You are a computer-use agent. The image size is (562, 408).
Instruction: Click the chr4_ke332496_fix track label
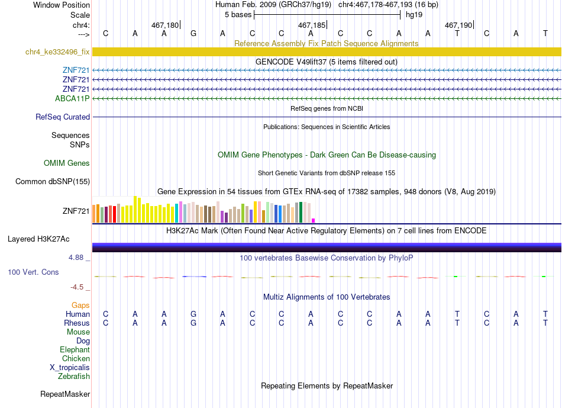[57, 52]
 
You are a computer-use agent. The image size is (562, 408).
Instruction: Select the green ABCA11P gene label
[72, 98]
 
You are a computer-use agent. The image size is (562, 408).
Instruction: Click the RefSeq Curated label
[63, 117]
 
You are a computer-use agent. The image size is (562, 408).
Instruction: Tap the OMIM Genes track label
[67, 163]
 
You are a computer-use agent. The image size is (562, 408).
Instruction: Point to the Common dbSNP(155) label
[53, 181]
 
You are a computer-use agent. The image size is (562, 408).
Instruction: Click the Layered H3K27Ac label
[38, 239]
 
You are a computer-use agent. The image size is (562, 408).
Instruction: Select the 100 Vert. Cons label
[33, 272]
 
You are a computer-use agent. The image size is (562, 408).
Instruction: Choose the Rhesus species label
[77, 323]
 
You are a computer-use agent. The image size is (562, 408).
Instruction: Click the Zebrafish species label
[74, 376]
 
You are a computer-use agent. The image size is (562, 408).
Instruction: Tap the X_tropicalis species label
[70, 368]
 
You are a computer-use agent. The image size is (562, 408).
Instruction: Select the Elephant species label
[75, 349]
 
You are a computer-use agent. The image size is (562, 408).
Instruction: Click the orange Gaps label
[80, 305]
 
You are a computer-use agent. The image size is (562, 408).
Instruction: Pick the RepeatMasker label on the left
[65, 394]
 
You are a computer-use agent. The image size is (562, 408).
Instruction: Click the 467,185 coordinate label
[312, 25]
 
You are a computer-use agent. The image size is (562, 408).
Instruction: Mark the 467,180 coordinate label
[165, 25]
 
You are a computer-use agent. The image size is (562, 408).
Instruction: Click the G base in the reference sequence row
[193, 33]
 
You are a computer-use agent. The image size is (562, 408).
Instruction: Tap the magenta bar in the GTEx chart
[314, 221]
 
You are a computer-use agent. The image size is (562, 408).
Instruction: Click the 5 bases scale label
[238, 15]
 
